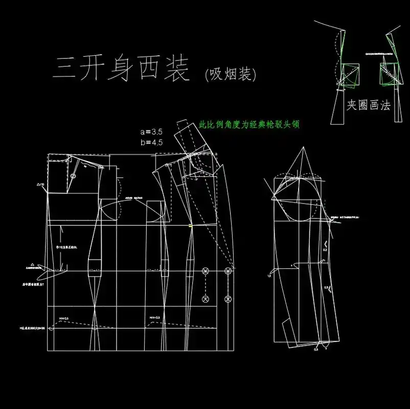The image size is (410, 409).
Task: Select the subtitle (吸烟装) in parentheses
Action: click(x=230, y=75)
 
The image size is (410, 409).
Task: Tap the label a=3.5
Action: click(x=151, y=131)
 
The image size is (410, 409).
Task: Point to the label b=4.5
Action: click(x=151, y=143)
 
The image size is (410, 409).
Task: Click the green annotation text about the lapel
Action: click(x=248, y=125)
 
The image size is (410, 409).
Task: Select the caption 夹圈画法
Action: click(x=368, y=106)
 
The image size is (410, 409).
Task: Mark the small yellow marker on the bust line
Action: click(x=190, y=225)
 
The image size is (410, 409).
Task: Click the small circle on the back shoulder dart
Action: click(x=73, y=176)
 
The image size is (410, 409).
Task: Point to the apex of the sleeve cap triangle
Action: click(x=302, y=148)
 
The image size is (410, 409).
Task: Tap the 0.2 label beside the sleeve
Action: click(x=324, y=251)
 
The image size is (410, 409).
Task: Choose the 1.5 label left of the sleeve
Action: click(x=269, y=276)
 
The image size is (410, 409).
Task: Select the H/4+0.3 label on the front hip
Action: click(x=155, y=318)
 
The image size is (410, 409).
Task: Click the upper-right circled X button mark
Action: click(x=227, y=270)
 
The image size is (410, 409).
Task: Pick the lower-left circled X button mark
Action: click(x=206, y=298)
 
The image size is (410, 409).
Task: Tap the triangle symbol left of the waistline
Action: click(x=33, y=264)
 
